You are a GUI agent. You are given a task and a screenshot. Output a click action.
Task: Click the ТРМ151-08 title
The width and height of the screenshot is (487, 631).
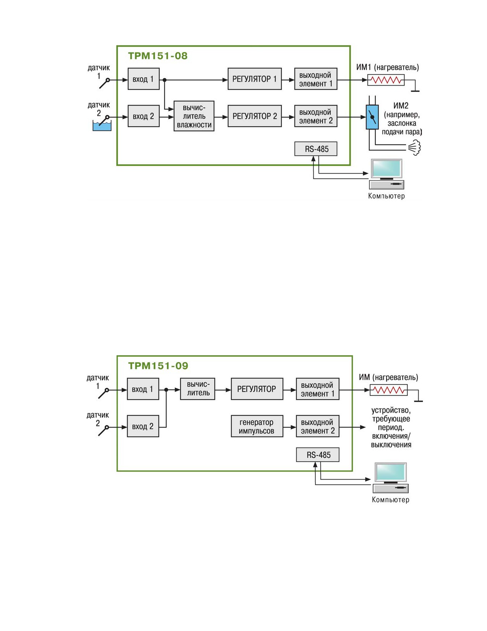pos(158,56)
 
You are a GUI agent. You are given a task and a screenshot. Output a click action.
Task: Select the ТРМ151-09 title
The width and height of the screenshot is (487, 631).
pos(158,366)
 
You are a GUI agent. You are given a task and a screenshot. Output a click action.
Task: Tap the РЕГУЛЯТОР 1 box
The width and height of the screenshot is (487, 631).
pos(254,79)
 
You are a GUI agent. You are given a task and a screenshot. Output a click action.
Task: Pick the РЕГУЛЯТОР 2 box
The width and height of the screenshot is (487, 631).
pos(254,116)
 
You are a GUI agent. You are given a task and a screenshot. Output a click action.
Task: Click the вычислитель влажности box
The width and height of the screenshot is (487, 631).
pos(194,116)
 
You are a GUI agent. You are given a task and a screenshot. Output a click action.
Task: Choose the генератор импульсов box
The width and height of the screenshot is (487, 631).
pos(257,426)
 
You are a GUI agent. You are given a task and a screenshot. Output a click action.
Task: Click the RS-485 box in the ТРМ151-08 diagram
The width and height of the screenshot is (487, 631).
pos(315,149)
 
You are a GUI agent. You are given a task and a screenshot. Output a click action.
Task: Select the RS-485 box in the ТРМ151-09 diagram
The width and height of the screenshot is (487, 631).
pos(318,455)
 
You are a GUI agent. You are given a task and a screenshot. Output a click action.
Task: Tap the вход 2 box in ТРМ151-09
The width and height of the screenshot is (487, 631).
pos(143,426)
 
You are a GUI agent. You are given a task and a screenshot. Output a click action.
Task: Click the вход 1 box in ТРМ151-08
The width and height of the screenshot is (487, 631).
pos(144,79)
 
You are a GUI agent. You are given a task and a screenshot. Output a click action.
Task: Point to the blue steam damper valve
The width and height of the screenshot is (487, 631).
pos(372,117)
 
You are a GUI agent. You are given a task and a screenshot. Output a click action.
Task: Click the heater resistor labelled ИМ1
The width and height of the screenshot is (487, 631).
pos(386,80)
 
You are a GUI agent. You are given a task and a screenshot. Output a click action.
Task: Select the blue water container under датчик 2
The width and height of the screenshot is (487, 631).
pos(102,126)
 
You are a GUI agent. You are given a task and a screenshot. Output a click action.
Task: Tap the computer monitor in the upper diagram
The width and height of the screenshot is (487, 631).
pos(386,169)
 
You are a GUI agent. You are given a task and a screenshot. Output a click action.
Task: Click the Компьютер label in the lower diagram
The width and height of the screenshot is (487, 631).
pos(390,500)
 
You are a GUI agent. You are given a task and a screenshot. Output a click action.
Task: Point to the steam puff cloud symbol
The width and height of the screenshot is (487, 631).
pos(415,148)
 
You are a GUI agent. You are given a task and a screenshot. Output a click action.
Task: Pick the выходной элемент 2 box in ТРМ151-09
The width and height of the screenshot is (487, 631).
pos(318,426)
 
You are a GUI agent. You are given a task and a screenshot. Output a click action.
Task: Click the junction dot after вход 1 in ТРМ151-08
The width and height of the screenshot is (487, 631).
pos(165,80)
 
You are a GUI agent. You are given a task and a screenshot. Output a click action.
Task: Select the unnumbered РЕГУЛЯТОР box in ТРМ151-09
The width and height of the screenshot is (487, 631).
pos(257,389)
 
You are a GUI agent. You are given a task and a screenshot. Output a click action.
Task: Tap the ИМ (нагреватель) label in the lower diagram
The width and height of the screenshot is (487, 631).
pos(388,377)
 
